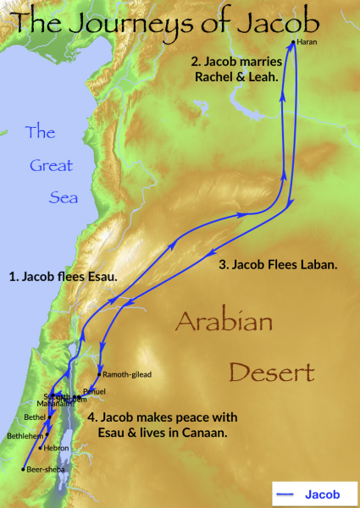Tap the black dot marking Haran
294,41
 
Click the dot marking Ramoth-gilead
100,374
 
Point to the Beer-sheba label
44,469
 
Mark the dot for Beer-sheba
23,469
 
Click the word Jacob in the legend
328,490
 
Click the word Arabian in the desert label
224,323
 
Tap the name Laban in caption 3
317,265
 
